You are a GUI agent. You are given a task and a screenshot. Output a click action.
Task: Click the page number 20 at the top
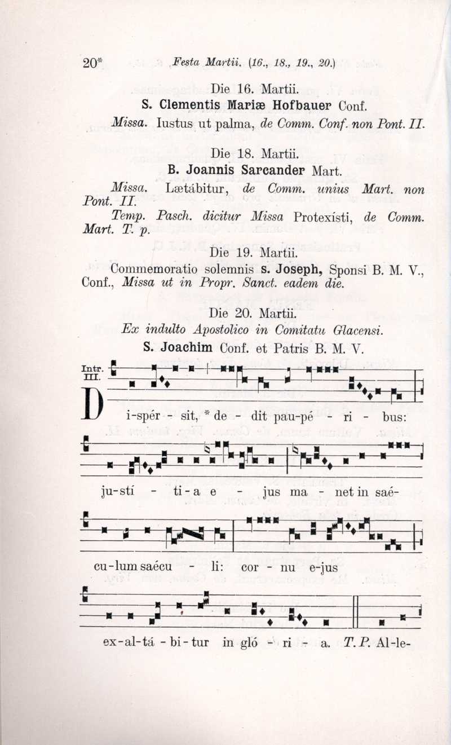pyautogui.click(x=90, y=63)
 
